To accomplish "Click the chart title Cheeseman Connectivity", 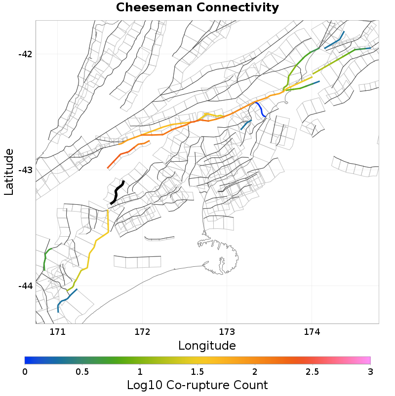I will pos(197,8).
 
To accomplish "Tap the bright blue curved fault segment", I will pos(261,109).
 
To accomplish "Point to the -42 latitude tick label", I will pos(25,54).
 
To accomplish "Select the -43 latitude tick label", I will pos(25,170).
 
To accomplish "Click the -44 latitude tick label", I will pos(25,286).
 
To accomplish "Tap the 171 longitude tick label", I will pos(58,331).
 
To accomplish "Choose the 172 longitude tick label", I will pos(142,331).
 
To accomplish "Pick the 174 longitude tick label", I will pos(312,331).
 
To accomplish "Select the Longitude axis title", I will pos(207,345).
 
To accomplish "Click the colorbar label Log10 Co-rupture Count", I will pos(197,385).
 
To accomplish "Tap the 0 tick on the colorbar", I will pos(25,371).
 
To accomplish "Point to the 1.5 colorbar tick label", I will pos(197,371).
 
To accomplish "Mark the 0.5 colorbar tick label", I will pos(82,371).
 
